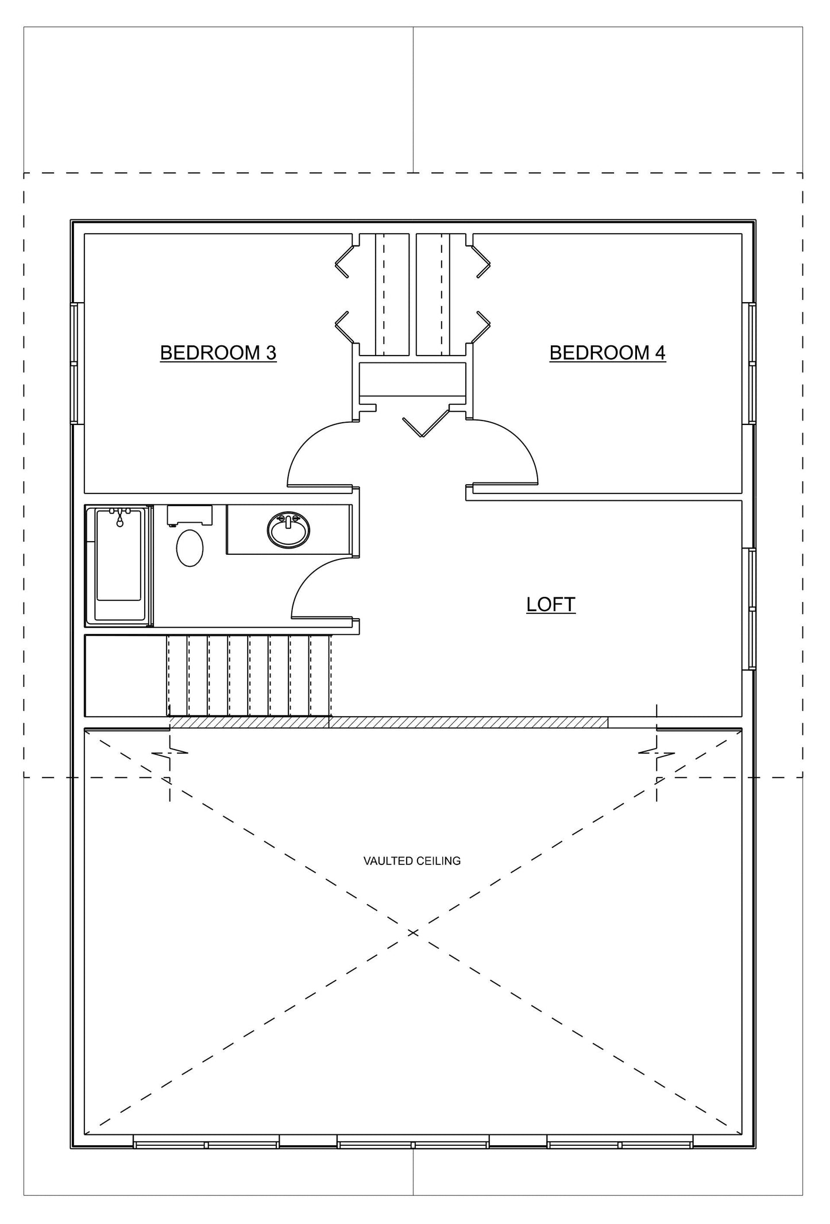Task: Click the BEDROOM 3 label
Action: pyautogui.click(x=218, y=352)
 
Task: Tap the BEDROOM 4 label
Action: pyautogui.click(x=607, y=352)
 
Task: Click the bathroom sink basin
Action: pyautogui.click(x=288, y=530)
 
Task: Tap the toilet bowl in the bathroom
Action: pyautogui.click(x=190, y=547)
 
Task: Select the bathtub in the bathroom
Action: pyautogui.click(x=119, y=566)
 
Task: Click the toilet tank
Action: pyautogui.click(x=190, y=514)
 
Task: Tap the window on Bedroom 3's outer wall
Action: pyautogui.click(x=74, y=363)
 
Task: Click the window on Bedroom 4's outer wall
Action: pyautogui.click(x=752, y=363)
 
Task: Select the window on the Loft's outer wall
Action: pyautogui.click(x=752, y=609)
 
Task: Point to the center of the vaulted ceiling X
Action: pyautogui.click(x=412, y=932)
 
